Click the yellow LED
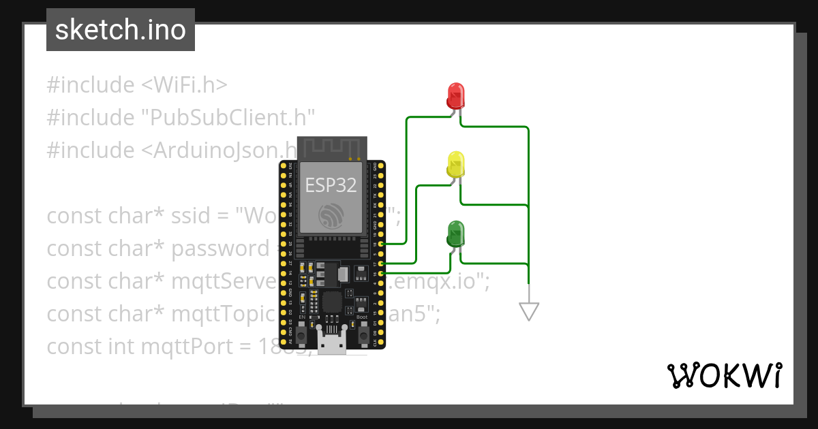pos(455,165)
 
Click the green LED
pos(455,234)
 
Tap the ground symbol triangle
pos(529,311)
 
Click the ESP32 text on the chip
pos(331,185)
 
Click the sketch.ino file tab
pos(121,30)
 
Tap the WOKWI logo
pos(724,375)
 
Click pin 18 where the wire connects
pos(381,243)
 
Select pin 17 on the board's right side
pos(381,263)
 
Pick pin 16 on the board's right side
pos(381,273)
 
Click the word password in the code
pos(219,249)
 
